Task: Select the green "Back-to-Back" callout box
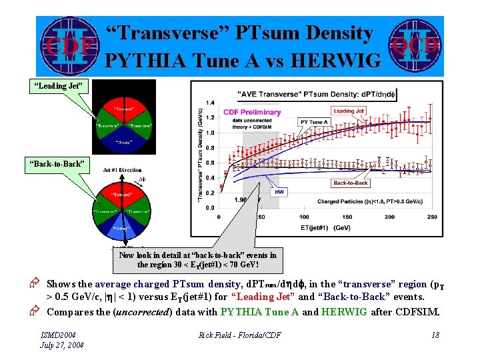pos(56,163)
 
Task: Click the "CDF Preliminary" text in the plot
pos(252,112)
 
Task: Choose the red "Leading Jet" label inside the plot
pos(348,111)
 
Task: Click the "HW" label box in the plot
pos(278,191)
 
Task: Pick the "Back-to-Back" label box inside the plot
pos(350,183)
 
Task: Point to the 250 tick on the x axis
pos(431,217)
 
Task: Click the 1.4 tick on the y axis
pos(210,103)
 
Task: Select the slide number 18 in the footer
pos(435,335)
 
